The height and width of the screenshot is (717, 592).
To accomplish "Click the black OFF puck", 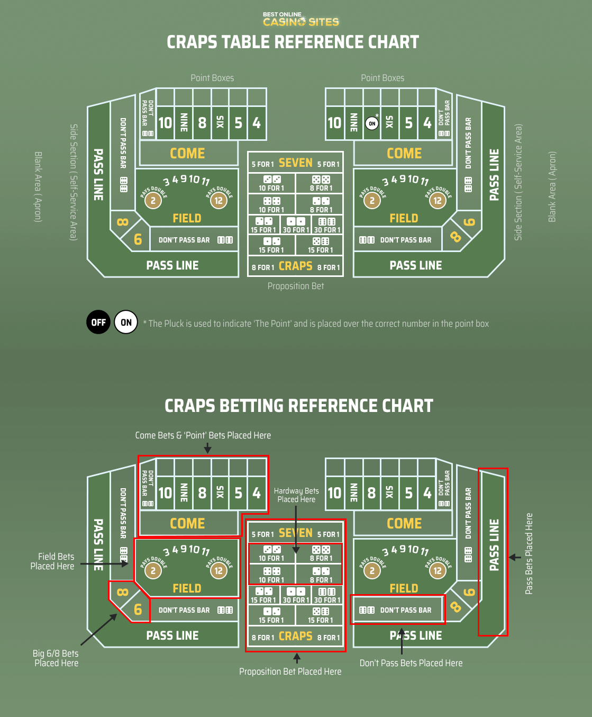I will click(98, 322).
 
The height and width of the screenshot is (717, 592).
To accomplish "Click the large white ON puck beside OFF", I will click(126, 322).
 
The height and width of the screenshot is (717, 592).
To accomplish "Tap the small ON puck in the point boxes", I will click(372, 123).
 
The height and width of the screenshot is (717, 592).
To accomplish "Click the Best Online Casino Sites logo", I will click(300, 19).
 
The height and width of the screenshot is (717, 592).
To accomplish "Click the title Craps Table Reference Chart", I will click(293, 42).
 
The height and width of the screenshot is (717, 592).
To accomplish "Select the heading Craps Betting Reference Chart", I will click(298, 406).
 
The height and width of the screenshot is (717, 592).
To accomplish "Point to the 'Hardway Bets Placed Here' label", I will click(296, 495).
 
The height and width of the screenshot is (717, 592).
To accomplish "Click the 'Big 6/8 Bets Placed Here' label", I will click(56, 658).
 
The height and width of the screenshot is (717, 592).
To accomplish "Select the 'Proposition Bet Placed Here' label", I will click(290, 671).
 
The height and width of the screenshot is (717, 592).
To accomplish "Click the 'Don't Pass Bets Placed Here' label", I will click(411, 663).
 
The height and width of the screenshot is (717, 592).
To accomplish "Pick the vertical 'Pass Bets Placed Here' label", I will click(529, 553).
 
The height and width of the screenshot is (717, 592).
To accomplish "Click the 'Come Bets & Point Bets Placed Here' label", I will click(203, 435).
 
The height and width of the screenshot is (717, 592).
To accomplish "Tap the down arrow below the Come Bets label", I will click(207, 448).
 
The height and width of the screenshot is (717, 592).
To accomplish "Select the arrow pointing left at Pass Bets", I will click(515, 557).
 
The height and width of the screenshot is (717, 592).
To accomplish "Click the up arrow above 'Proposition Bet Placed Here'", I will click(297, 658).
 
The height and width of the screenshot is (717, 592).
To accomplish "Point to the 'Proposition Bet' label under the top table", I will click(295, 286).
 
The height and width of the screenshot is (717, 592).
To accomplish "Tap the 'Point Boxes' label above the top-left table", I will click(212, 78).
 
